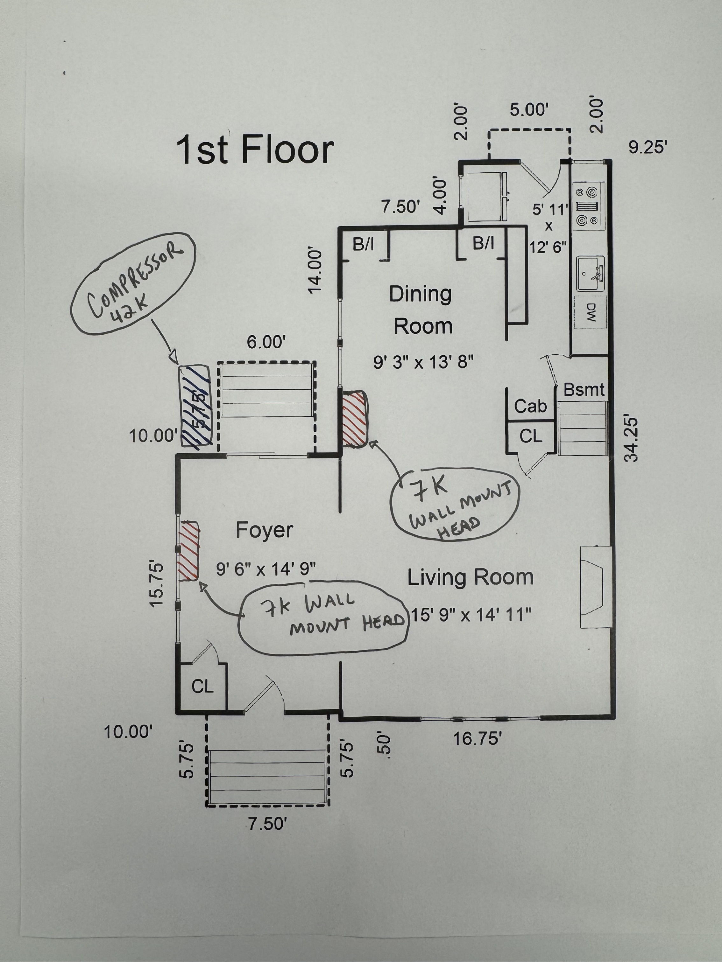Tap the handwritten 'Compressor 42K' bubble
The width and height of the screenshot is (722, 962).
pyautogui.click(x=133, y=283)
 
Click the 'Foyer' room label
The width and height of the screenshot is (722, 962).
pyautogui.click(x=264, y=530)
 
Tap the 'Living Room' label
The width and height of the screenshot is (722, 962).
pyautogui.click(x=471, y=577)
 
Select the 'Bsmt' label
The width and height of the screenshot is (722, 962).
pyautogui.click(x=584, y=390)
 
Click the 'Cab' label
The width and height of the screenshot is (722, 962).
pyautogui.click(x=530, y=407)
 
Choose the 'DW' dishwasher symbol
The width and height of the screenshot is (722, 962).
pyautogui.click(x=591, y=312)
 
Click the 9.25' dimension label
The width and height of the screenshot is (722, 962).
pyautogui.click(x=648, y=148)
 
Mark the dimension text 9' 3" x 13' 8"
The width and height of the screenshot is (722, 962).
pyautogui.click(x=423, y=362)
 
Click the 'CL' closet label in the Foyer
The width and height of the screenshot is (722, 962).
pyautogui.click(x=202, y=687)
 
